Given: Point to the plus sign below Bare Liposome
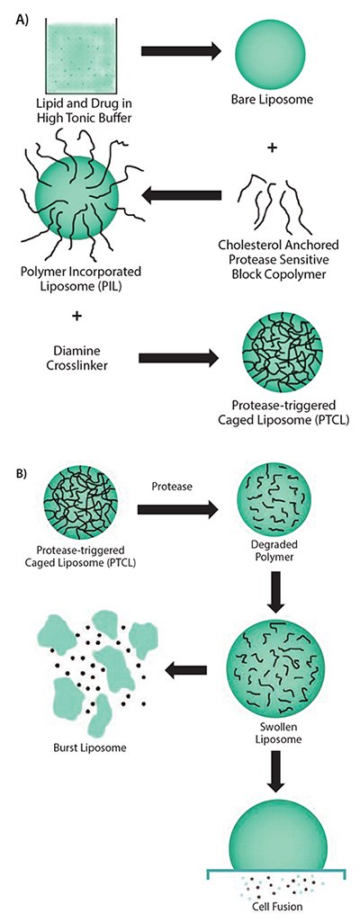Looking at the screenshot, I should (271, 146).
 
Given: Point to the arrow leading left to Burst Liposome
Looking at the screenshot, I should (187, 667).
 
